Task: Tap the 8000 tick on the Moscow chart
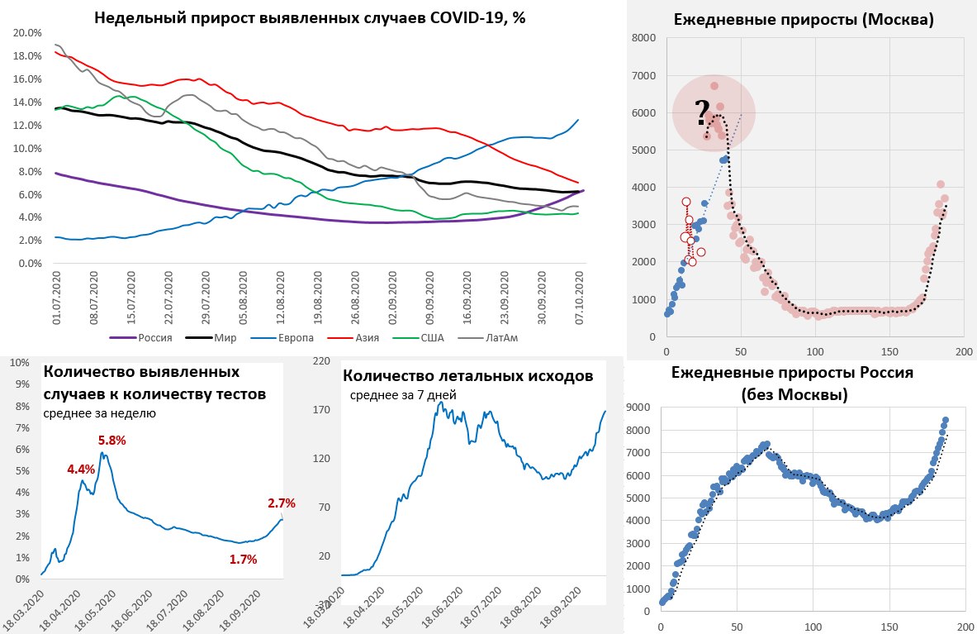pyautogui.click(x=644, y=38)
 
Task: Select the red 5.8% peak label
pyautogui.click(x=111, y=441)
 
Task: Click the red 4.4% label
pyautogui.click(x=81, y=470)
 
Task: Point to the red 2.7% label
pyautogui.click(x=281, y=503)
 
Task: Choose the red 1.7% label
pyautogui.click(x=244, y=560)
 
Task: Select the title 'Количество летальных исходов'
pyautogui.click(x=467, y=377)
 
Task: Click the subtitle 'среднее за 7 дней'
pyautogui.click(x=403, y=395)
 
